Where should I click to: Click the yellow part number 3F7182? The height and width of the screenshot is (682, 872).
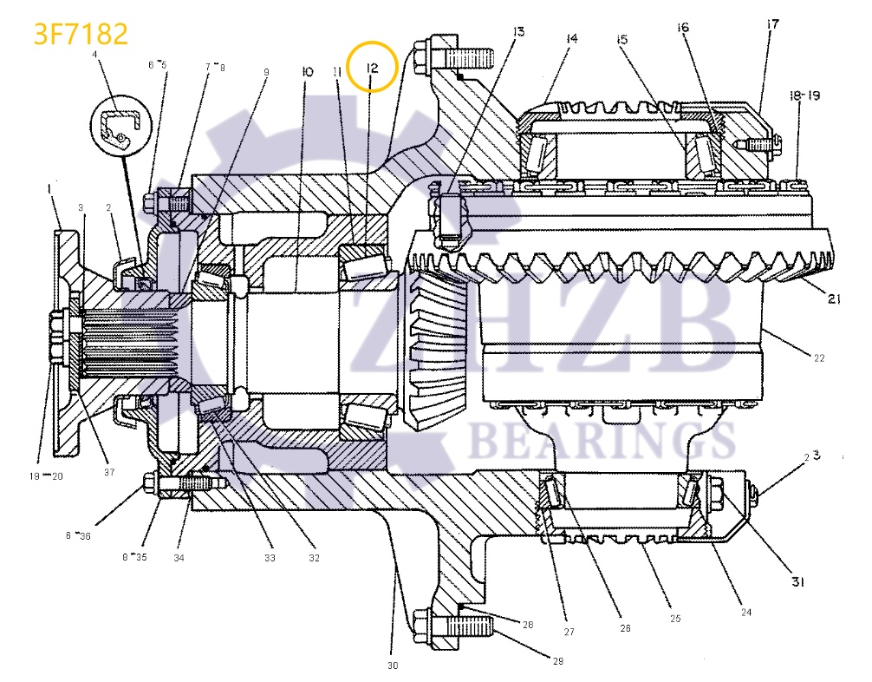(81, 33)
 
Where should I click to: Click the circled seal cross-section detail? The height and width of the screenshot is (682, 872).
(120, 123)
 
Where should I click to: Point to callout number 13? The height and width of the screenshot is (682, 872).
(517, 33)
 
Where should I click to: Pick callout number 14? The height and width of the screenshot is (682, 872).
(571, 38)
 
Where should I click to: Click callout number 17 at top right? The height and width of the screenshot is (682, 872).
(771, 25)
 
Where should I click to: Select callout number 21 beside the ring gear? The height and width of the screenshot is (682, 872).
(834, 299)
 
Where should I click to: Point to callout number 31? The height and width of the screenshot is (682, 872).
(797, 582)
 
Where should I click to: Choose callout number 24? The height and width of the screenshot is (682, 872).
(745, 612)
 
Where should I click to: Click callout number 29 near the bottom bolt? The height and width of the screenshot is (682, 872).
(557, 660)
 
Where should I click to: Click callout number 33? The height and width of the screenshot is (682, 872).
(270, 558)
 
